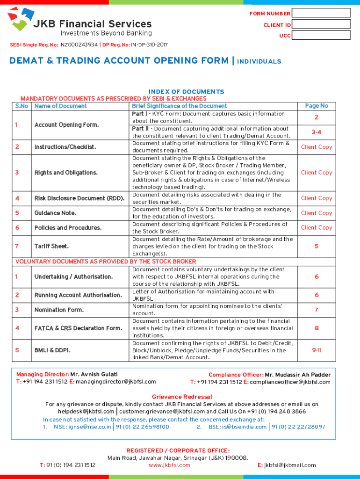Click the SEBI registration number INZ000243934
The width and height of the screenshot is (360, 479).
point(79,45)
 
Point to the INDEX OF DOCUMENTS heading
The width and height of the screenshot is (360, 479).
point(186,92)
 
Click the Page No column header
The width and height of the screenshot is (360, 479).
point(317,106)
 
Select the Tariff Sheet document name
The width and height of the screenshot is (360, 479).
point(51,246)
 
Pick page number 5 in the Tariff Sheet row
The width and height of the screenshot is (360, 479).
point(317,246)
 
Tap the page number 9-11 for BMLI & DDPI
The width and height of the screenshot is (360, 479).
point(317,350)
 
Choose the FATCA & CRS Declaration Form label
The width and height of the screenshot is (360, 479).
point(78,328)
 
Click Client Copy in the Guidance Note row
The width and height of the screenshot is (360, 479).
point(317,213)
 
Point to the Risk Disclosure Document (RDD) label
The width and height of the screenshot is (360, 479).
point(79,198)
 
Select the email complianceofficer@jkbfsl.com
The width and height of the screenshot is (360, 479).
point(290,382)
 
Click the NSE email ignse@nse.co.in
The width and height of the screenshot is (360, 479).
point(83,427)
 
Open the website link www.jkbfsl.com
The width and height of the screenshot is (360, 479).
point(169,465)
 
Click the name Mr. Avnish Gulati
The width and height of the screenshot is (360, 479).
point(94,374)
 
